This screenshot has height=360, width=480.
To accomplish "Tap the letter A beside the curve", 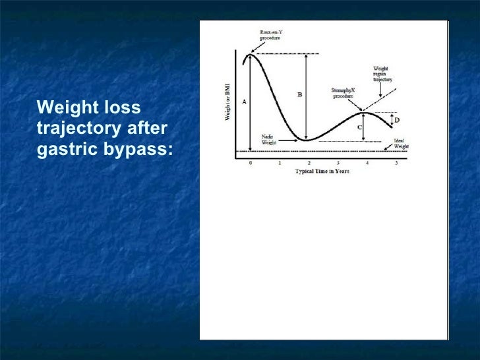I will click(x=245, y=102).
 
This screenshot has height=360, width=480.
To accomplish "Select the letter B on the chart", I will click(x=300, y=95).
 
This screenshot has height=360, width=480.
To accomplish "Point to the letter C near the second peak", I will click(x=359, y=127).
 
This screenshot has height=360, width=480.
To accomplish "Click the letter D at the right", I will click(x=397, y=120).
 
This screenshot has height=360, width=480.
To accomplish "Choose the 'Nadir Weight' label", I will click(x=269, y=139).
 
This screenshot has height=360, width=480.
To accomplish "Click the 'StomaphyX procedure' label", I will click(x=343, y=93).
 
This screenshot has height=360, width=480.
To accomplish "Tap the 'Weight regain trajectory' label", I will click(x=382, y=73).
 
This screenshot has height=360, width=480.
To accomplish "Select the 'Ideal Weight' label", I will click(x=401, y=144).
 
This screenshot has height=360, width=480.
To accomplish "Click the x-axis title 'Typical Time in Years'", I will click(x=322, y=171).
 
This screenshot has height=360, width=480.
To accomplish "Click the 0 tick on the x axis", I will click(x=250, y=162).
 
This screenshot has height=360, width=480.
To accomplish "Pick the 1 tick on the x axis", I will click(x=280, y=162).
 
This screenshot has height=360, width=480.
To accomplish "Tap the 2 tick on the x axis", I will click(x=309, y=162).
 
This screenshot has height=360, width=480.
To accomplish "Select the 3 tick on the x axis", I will click(x=338, y=162).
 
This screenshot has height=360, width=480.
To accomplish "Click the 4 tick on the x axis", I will click(x=367, y=162).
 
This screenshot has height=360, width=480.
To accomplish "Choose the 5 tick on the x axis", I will click(x=396, y=162).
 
